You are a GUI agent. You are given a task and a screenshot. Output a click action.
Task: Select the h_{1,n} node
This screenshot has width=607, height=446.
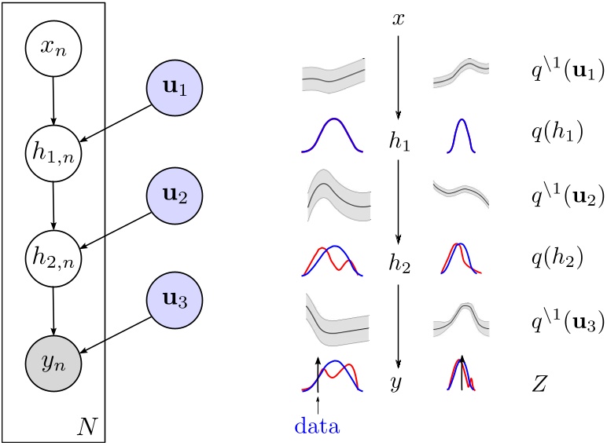(x=53, y=153)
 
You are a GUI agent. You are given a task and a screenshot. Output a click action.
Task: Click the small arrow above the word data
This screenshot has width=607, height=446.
(x=317, y=405)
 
